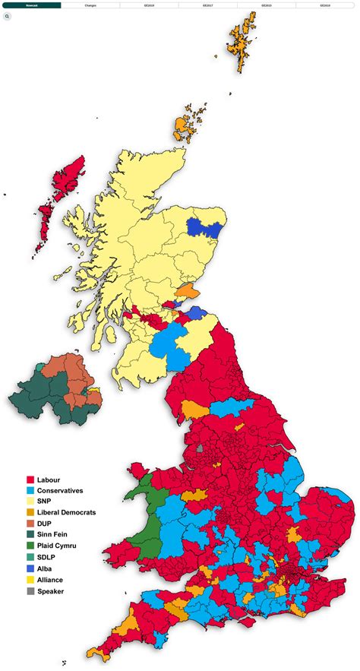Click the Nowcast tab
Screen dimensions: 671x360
pyautogui.click(x=31, y=5)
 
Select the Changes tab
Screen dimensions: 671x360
pyautogui.click(x=90, y=5)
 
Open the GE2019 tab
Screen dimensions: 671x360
pyautogui.click(x=149, y=5)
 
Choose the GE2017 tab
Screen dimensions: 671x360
pyautogui.click(x=207, y=5)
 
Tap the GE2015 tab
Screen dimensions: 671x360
pyautogui.click(x=267, y=5)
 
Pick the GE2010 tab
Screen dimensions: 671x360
pyautogui.click(x=325, y=5)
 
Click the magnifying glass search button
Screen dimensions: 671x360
pyautogui.click(x=8, y=15)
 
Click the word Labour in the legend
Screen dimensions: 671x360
pyautogui.click(x=49, y=480)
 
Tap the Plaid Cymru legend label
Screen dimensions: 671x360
pyautogui.click(x=57, y=546)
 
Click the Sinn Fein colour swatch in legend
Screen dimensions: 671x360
pyautogui.click(x=30, y=535)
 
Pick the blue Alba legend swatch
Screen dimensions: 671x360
pyautogui.click(x=30, y=568)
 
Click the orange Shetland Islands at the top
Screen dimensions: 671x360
pyautogui.click(x=240, y=43)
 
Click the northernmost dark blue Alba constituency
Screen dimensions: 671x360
pyautogui.click(x=204, y=227)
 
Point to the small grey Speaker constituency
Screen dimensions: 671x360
pyautogui.click(x=200, y=448)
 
